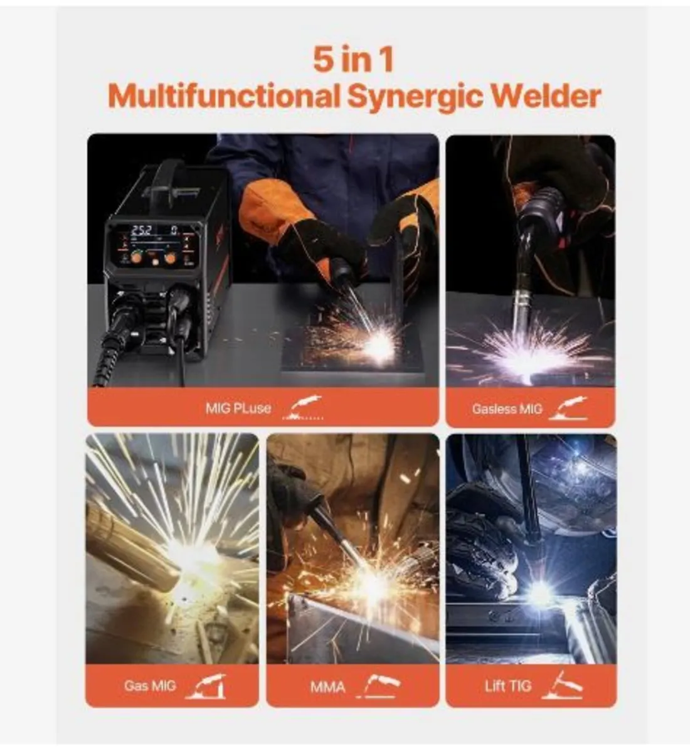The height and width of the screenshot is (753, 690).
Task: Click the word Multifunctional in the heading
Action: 223,97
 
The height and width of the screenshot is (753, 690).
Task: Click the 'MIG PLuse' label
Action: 238,408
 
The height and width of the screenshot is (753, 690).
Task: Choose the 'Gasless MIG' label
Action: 506,409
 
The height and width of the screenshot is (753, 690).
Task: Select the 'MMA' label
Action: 327,686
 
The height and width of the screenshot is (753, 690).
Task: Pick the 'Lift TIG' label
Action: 507,685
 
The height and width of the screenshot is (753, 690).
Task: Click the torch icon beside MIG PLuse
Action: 305,408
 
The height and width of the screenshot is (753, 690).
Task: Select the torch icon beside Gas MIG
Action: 206,686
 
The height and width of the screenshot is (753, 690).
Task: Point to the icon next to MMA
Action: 378,686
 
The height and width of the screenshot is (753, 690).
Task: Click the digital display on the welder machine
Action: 154,230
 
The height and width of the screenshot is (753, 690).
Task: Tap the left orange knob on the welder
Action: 136,257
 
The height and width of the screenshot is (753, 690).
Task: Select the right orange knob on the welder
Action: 170,257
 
